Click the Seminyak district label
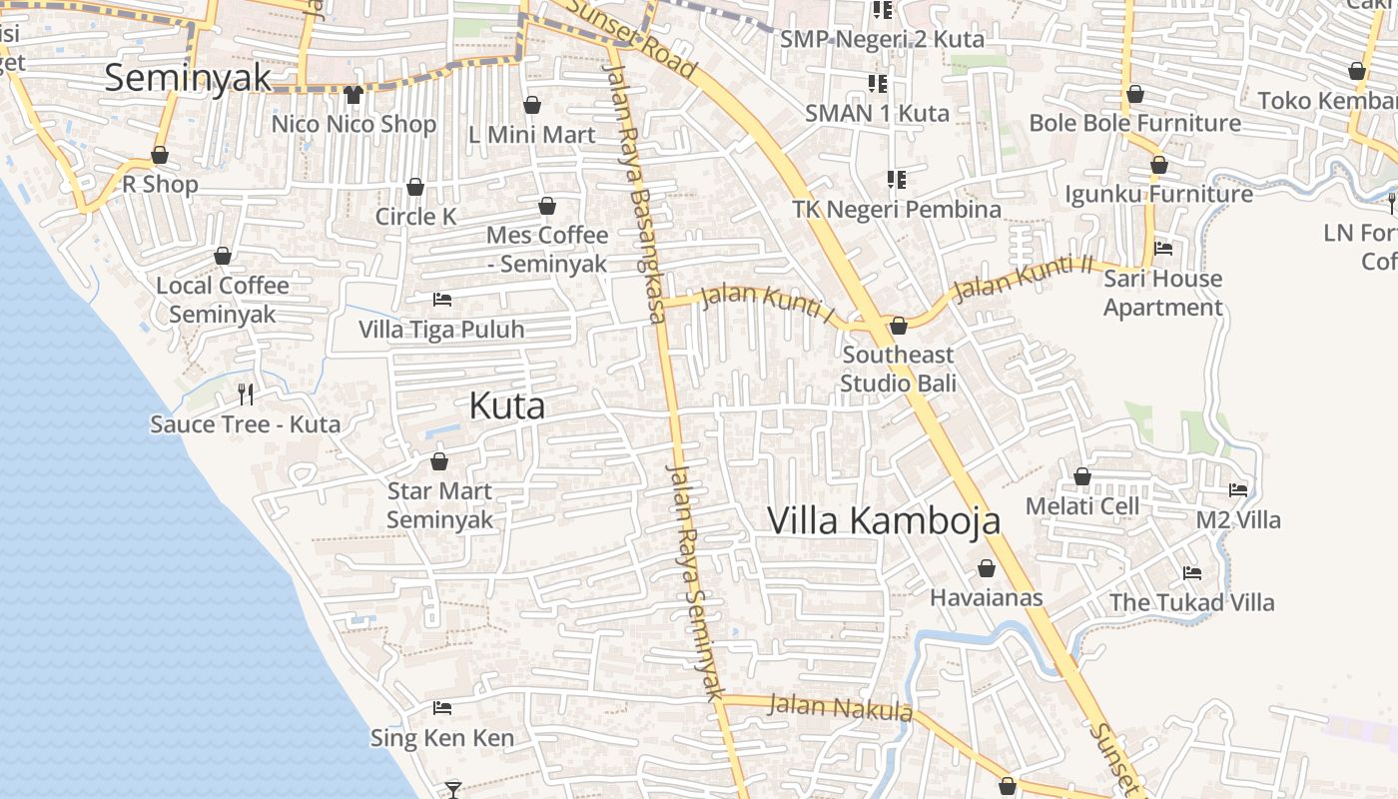[x=188, y=78]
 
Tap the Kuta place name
[x=507, y=405]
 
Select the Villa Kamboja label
[x=884, y=520]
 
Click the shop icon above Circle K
[x=415, y=187]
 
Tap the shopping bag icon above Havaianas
[x=987, y=568]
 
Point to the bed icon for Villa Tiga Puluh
[x=441, y=299]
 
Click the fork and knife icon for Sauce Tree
[x=246, y=395]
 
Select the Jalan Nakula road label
[x=840, y=707]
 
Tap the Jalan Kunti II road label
[x=1024, y=278]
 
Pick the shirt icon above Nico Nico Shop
[x=353, y=95]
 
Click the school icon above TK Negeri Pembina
[x=897, y=180]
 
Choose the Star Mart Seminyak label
[x=440, y=505]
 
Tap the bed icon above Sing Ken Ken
[x=442, y=708]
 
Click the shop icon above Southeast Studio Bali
[x=899, y=326]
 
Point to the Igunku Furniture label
[x=1158, y=194]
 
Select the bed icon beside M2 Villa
[x=1238, y=489]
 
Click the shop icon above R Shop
[x=160, y=155]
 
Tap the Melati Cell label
[x=1082, y=506]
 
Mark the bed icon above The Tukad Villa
[x=1192, y=573]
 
